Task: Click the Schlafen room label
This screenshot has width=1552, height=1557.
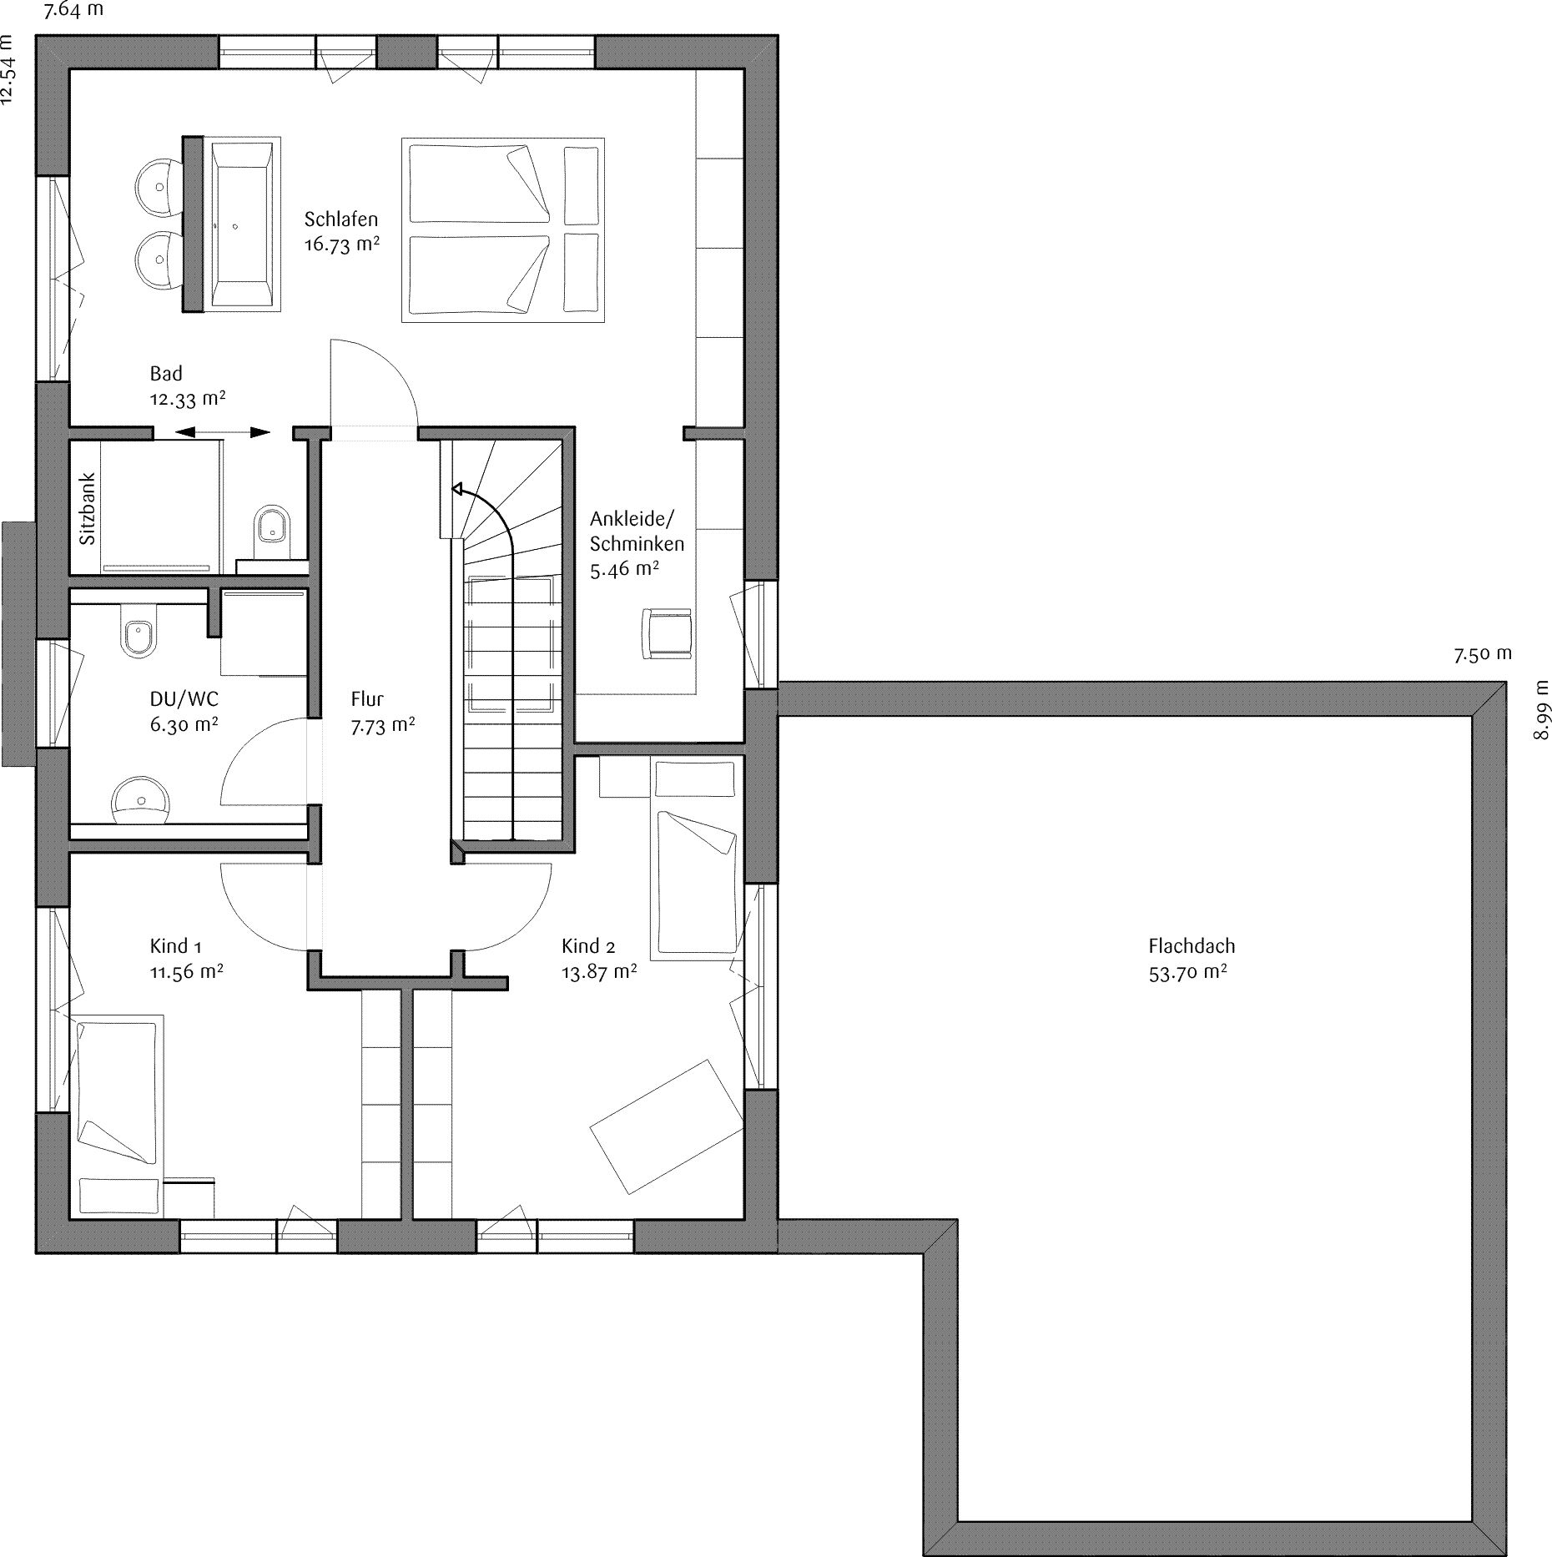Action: (340, 219)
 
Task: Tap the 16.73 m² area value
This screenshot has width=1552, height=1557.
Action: (342, 245)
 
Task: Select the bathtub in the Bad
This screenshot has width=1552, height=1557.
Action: (242, 224)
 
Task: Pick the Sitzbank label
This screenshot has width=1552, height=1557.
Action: (88, 509)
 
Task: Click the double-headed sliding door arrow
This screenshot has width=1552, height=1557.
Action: (223, 432)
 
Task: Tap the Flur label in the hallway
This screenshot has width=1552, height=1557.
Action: (367, 699)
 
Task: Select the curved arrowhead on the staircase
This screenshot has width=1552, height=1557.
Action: (458, 489)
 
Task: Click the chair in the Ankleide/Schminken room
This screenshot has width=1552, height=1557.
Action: (667, 632)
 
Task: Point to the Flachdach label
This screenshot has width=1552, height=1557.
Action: (1192, 946)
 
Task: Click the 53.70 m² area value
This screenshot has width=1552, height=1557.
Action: (1188, 972)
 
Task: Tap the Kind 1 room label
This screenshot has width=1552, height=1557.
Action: (175, 946)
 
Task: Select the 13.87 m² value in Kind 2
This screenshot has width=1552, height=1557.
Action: (600, 972)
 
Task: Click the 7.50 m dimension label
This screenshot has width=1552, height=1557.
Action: (1483, 654)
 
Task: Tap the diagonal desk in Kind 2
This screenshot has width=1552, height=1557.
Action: (667, 1126)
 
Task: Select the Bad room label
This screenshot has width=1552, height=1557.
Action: (166, 374)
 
